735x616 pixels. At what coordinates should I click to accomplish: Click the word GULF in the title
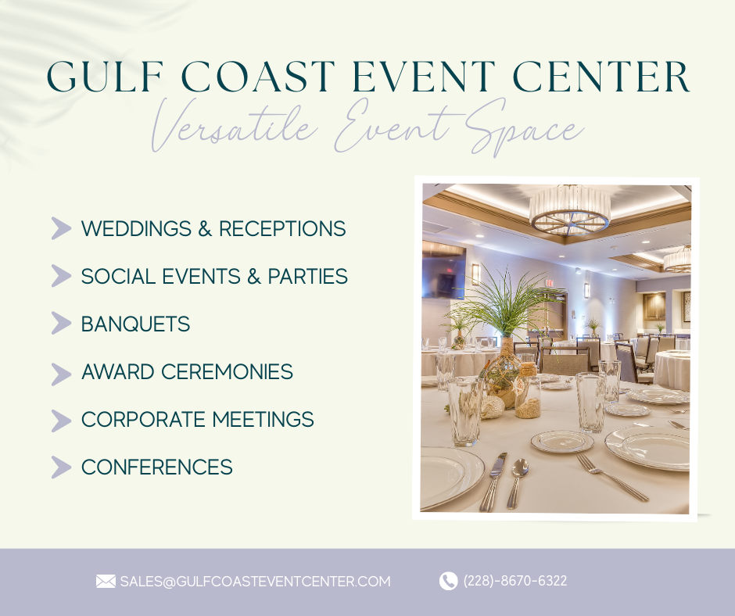(x=105, y=76)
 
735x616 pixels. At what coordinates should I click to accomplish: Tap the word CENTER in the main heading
(x=601, y=76)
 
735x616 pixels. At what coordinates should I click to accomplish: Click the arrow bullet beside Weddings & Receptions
(x=61, y=228)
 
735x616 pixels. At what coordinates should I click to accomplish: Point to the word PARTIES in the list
(x=307, y=276)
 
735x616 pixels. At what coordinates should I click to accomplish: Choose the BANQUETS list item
(x=135, y=324)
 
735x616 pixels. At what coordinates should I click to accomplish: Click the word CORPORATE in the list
(x=143, y=419)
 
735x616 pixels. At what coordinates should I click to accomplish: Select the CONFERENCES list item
(x=156, y=467)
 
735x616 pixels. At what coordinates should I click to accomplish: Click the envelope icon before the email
(x=106, y=582)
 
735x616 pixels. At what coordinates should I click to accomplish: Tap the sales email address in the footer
(x=255, y=582)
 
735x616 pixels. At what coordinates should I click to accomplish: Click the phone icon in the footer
(x=448, y=582)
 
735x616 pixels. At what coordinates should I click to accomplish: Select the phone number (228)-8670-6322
(x=515, y=581)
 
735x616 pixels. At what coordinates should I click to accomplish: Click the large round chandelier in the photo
(x=569, y=210)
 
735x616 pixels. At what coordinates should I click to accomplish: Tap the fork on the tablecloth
(x=611, y=477)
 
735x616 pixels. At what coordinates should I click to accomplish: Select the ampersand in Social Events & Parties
(x=253, y=276)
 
